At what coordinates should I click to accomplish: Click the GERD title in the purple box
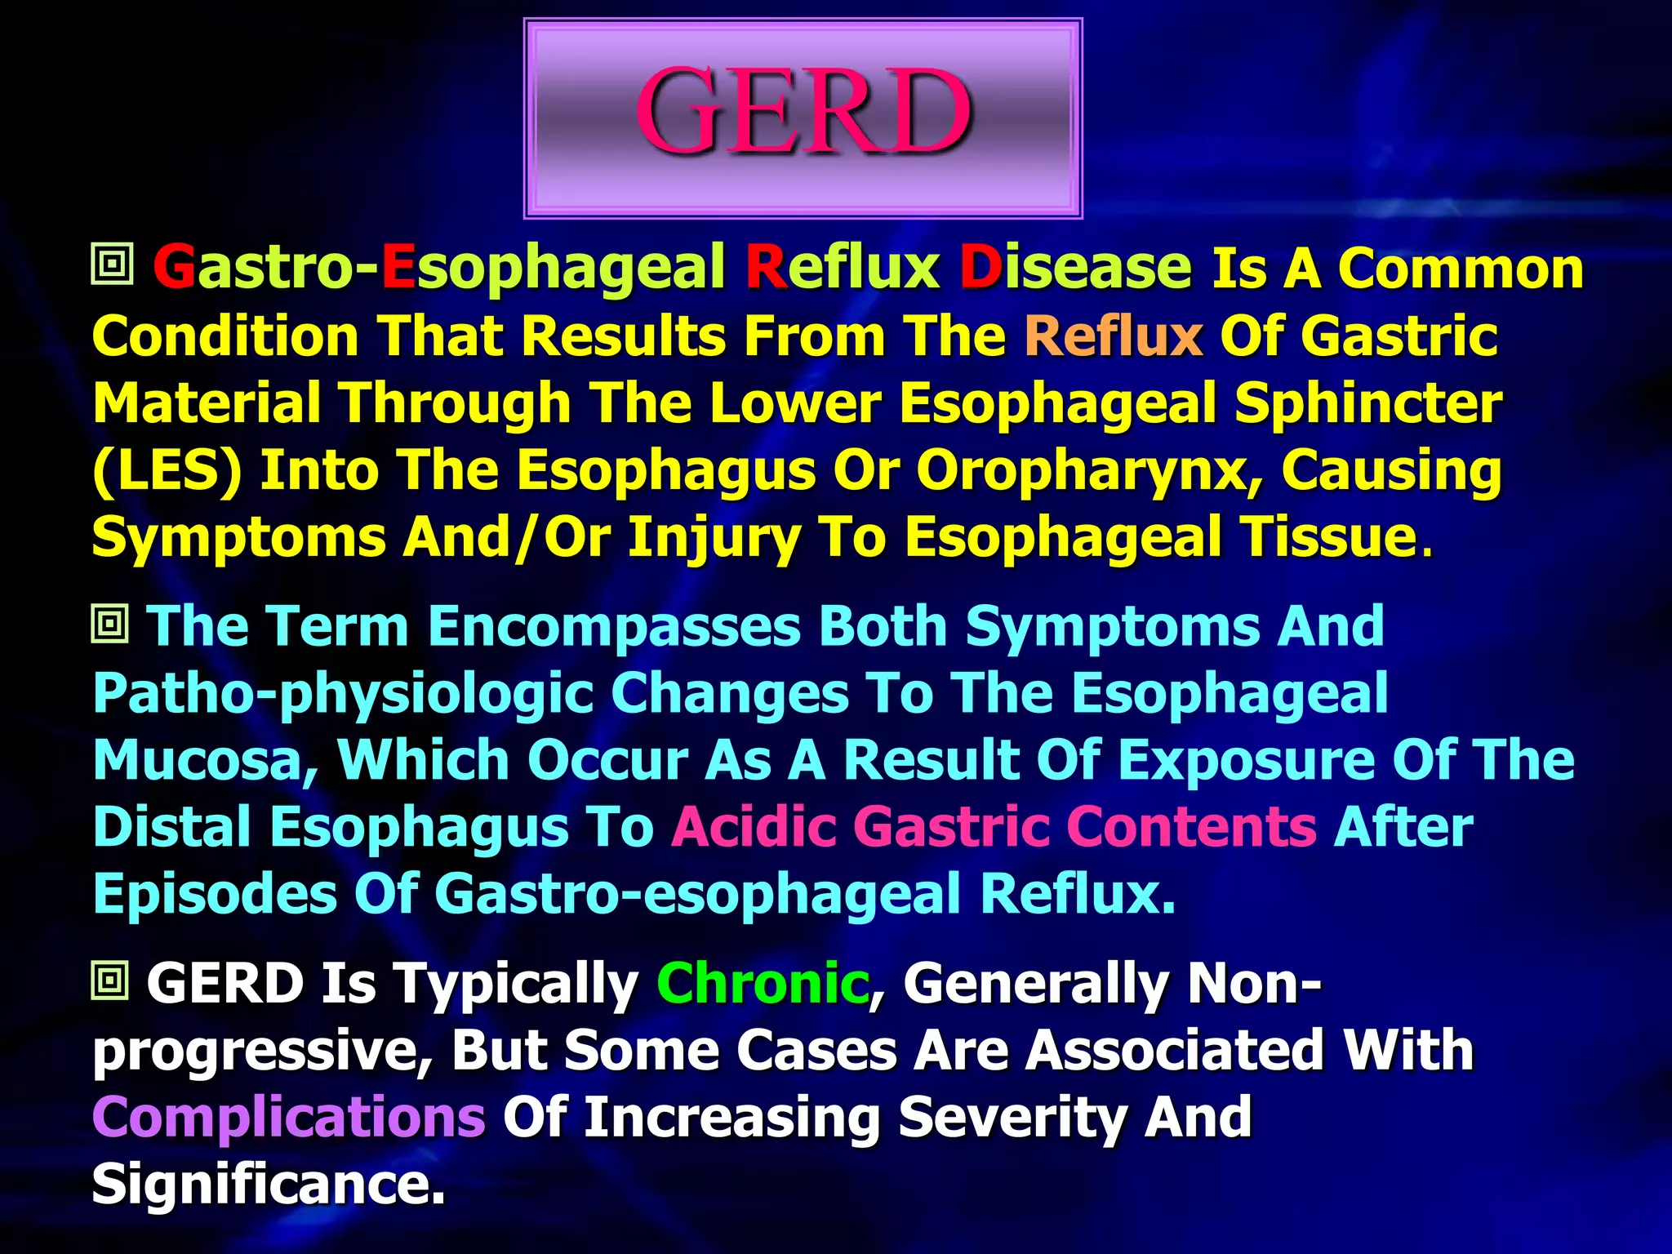tap(803, 113)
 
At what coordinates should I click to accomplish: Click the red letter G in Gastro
tap(174, 268)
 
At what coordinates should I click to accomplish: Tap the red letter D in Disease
tap(981, 268)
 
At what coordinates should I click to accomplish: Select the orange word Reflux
tap(1114, 336)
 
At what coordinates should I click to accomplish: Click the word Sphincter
tap(1367, 403)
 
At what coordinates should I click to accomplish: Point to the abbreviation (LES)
tap(167, 471)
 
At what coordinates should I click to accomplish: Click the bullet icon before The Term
tap(110, 625)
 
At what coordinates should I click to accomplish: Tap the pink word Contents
tap(1191, 827)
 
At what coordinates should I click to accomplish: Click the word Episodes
tap(215, 894)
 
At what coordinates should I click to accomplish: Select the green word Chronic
tap(763, 983)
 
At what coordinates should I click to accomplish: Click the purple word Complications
tap(289, 1117)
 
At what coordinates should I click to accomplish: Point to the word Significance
tap(268, 1184)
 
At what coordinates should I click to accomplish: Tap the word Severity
tap(1012, 1117)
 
